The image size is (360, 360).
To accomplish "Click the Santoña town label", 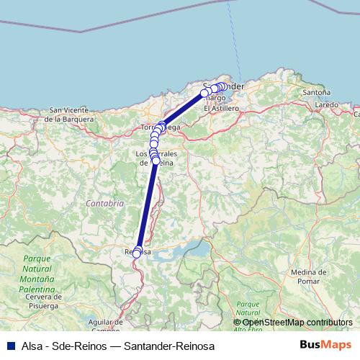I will [317, 93].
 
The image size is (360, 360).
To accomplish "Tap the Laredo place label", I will [326, 104].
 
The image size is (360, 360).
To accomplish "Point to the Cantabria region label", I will [105, 203].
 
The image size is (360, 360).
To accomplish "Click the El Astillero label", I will [220, 108].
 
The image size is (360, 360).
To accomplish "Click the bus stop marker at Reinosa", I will [137, 253].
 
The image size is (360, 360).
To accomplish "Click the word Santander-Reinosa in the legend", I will [169, 346].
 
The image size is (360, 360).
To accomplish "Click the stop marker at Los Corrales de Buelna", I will [156, 160].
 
